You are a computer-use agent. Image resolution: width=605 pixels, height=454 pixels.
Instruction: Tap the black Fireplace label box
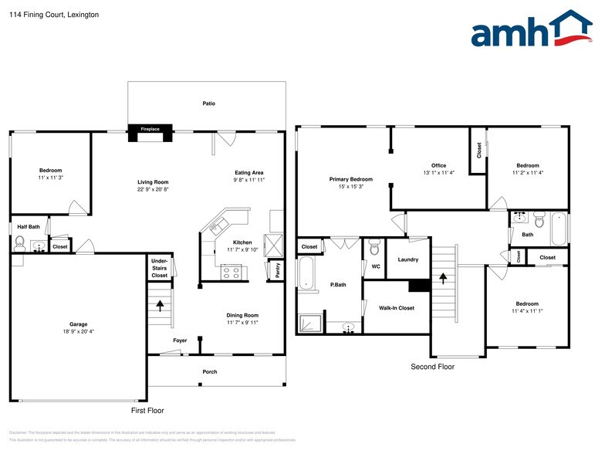(150, 129)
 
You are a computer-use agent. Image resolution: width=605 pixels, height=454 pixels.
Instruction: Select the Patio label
(208, 103)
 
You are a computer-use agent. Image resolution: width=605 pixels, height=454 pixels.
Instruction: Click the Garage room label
(78, 324)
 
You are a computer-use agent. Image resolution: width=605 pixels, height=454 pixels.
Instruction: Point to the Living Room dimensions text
(153, 189)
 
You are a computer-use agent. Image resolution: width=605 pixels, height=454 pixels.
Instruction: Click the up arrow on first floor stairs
(161, 303)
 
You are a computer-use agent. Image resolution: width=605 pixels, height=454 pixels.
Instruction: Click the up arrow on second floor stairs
(443, 275)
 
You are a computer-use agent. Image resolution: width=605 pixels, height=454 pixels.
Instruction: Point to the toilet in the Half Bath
(19, 245)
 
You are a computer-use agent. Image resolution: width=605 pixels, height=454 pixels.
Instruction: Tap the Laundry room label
(408, 259)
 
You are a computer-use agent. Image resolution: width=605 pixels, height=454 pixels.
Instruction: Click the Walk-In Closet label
(397, 308)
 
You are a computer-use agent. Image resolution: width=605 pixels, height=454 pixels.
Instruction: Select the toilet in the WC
(374, 247)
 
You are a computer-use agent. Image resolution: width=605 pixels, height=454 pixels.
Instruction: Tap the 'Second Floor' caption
(432, 367)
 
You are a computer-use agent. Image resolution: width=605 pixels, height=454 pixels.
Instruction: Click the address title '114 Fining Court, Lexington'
(43, 15)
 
